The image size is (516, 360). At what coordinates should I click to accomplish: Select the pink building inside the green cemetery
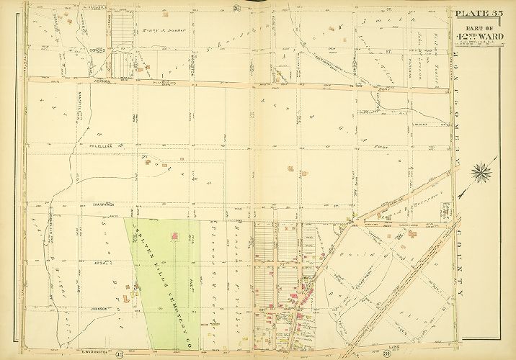pyautogui.click(x=176, y=236)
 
